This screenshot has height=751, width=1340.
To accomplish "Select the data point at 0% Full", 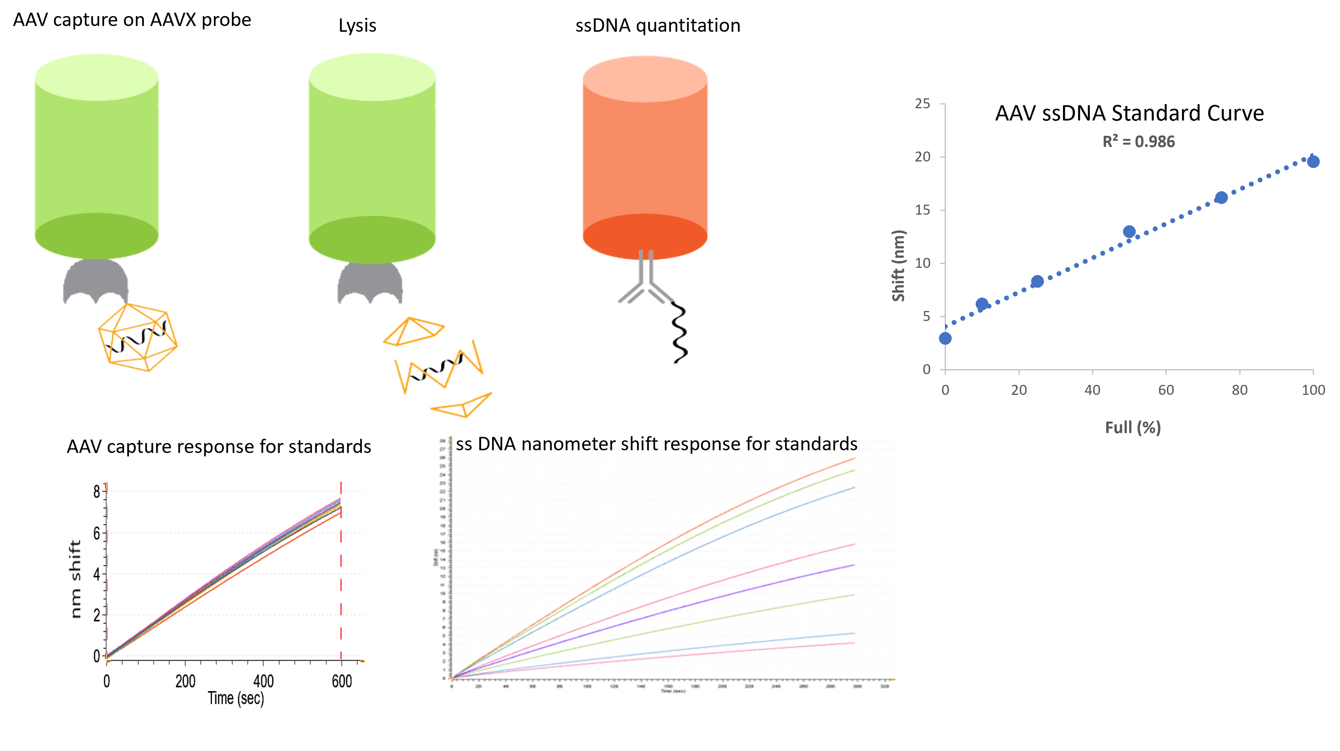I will click(945, 339).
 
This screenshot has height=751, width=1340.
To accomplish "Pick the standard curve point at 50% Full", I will click(1129, 231).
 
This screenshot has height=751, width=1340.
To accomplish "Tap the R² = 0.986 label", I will click(1138, 142).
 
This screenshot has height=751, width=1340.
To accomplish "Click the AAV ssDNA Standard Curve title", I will click(1129, 113).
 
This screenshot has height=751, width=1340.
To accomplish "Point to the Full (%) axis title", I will click(1133, 427).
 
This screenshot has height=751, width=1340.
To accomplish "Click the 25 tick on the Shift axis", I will click(922, 104).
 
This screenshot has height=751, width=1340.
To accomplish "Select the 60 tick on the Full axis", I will click(1166, 390).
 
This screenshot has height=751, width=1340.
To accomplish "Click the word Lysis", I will click(357, 26).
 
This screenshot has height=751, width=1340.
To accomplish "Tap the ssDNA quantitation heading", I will click(657, 26).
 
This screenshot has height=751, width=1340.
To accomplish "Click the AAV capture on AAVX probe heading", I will click(132, 20).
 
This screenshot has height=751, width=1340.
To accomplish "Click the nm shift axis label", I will click(75, 578).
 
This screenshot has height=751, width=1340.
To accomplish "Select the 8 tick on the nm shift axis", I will click(97, 492).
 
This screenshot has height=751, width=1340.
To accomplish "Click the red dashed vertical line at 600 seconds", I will click(341, 572).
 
